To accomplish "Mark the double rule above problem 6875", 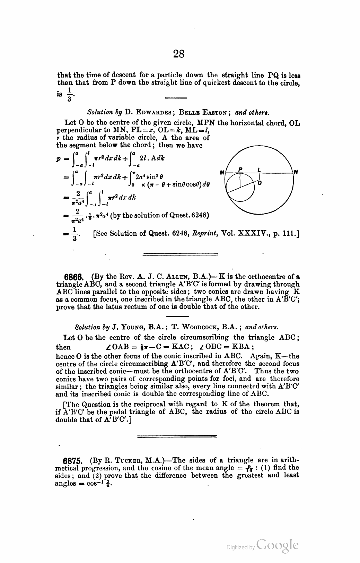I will click(x=177, y=435).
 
